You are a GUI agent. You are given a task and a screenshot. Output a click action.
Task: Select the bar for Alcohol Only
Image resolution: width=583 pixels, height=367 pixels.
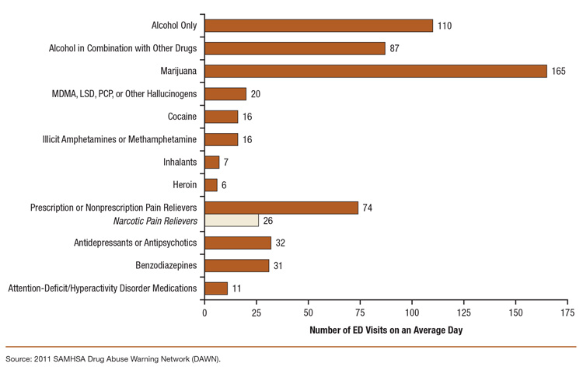[x=318, y=26]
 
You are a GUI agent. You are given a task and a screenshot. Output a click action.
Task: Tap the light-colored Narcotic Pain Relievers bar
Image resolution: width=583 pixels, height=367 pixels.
[x=231, y=220]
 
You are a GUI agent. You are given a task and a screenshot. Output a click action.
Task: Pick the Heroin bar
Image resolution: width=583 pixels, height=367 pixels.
[x=211, y=185]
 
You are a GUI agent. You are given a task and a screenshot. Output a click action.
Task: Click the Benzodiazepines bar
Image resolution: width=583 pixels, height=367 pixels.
[x=236, y=265]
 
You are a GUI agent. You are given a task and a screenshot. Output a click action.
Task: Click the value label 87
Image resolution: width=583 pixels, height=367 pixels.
[x=395, y=49]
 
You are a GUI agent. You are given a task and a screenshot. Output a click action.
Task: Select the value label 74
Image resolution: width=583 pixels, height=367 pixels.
[x=368, y=208]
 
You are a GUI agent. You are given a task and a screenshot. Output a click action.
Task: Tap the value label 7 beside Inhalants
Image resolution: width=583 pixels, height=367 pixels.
[x=226, y=163]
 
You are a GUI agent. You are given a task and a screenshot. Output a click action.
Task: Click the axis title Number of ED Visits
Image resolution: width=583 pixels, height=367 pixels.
[x=385, y=330]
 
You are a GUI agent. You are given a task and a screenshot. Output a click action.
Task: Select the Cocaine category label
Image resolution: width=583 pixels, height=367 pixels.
[x=180, y=117]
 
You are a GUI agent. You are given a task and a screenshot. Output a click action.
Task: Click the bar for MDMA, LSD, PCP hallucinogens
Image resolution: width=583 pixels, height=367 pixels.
[x=225, y=94]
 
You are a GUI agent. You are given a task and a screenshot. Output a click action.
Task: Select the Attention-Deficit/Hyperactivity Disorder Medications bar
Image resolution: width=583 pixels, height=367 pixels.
[x=216, y=288]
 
